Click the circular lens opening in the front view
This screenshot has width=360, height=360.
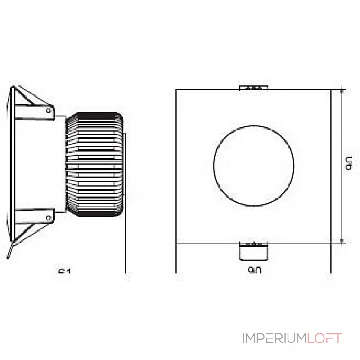(x=254, y=165)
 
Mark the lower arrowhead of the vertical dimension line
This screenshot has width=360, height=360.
(x=344, y=241)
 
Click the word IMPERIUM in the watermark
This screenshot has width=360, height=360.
(x=274, y=338)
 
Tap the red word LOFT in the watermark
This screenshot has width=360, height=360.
(x=324, y=338)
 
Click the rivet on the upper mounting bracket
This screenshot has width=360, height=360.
(x=48, y=109)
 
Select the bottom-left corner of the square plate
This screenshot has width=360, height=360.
(x=176, y=243)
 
